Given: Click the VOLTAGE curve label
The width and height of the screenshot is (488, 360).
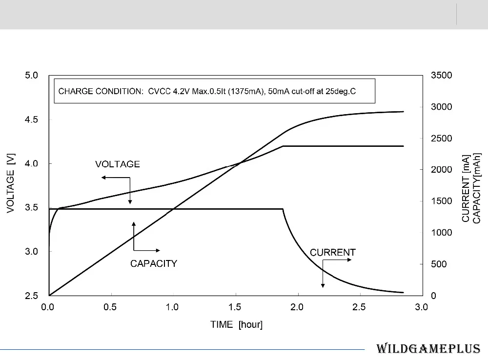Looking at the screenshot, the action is coord(117,164).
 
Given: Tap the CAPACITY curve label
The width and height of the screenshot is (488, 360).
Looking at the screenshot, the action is coord(153,263).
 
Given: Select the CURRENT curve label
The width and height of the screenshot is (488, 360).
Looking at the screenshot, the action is coord(332,252).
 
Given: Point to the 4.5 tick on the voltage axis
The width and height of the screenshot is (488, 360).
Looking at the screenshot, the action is coord(31,120).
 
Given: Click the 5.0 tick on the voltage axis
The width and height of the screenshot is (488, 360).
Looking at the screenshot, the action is coord(31,75).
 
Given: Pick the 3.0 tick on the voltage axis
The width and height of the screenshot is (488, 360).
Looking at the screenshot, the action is coord(31,251).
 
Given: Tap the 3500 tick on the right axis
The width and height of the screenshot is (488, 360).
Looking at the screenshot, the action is coord(441,75).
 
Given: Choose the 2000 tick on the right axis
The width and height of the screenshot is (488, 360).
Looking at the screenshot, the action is coord(441,170).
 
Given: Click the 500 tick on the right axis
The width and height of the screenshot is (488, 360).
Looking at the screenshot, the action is coord(439,264).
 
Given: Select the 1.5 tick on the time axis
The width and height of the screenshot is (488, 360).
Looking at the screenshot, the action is coord(235,307).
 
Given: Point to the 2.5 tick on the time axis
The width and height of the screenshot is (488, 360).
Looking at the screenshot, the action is coord(359,307).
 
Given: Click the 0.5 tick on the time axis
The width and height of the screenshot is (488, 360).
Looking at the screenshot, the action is coord(110,307).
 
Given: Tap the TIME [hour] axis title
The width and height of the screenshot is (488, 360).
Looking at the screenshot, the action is coord(236,324).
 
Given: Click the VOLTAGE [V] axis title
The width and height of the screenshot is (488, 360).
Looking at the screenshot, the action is coord(11,183).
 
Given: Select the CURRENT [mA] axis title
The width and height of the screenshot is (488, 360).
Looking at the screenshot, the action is coord(466,189).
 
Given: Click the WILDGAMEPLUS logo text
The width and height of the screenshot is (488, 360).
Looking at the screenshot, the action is coord(428,349).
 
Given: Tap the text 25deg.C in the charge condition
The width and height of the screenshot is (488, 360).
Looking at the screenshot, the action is coord(341,92).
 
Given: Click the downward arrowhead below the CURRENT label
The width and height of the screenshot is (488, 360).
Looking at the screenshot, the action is coord(323,286).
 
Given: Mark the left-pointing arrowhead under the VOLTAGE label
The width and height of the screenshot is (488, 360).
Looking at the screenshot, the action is coord(103,178).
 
